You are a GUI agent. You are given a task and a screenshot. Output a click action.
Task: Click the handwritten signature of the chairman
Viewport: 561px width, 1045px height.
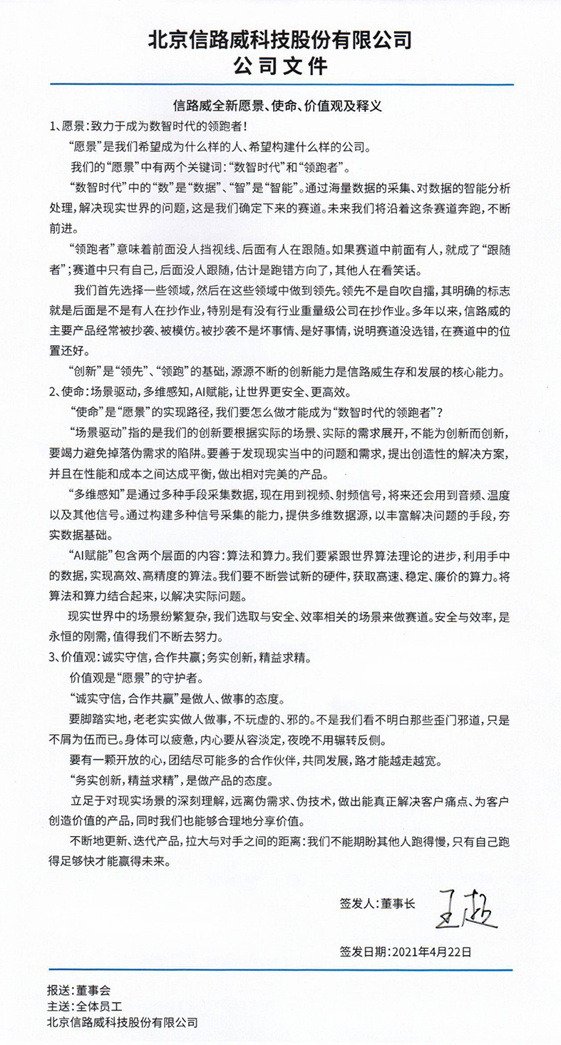coord(468,907)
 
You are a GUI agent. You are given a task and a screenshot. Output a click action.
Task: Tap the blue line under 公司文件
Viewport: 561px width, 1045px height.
coord(280,85)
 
